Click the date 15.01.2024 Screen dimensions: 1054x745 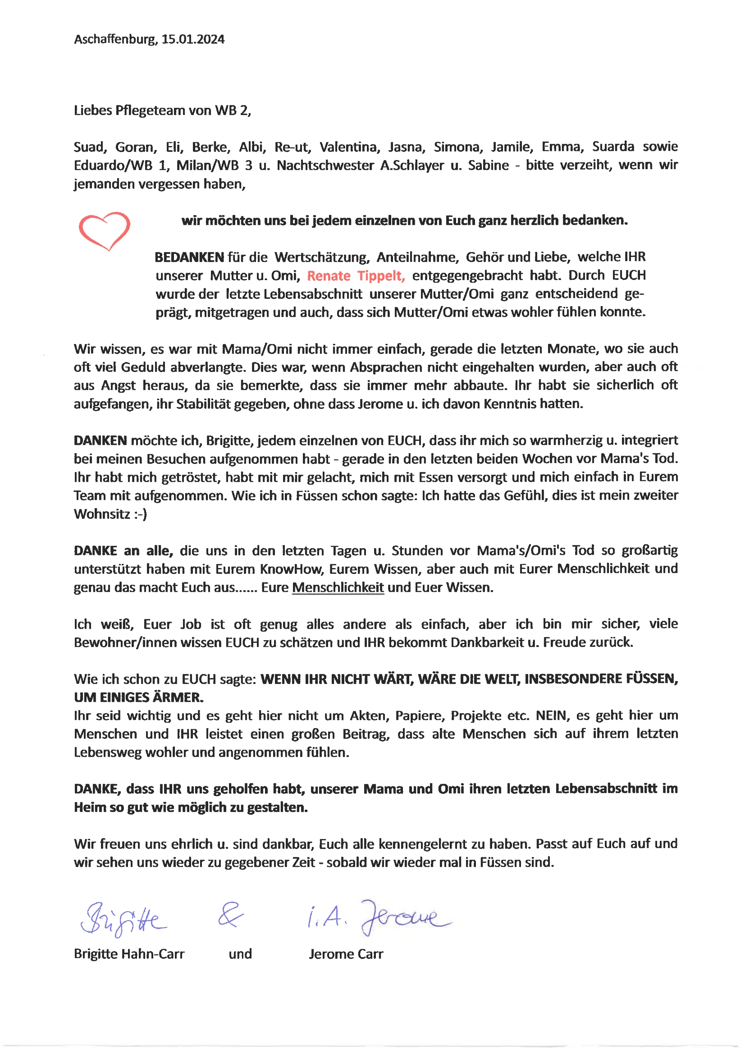193,40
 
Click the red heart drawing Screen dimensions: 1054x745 104,230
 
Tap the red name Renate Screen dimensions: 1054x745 328,276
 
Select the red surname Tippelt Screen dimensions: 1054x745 380,276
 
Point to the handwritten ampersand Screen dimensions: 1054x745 230,915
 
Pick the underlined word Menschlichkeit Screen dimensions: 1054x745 338,587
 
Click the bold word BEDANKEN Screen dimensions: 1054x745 189,257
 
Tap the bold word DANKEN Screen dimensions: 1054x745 100,441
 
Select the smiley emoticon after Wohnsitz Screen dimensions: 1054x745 141,514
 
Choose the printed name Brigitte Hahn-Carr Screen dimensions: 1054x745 129,954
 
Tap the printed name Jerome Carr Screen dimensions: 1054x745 346,954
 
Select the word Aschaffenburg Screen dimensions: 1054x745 115,40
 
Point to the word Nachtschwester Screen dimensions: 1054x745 325,165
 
